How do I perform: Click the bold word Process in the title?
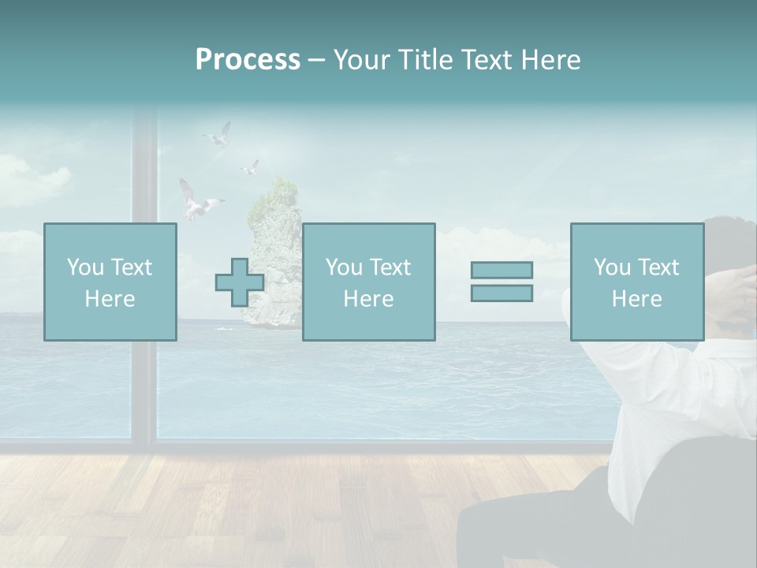[x=248, y=60]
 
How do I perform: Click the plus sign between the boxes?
[x=240, y=282]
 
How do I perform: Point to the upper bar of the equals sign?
[x=502, y=271]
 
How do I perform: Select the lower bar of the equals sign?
[x=502, y=293]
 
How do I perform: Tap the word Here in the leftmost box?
[x=110, y=299]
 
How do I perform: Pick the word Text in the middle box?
[x=390, y=267]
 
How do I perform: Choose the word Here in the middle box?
[x=368, y=299]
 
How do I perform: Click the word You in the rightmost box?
[x=612, y=267]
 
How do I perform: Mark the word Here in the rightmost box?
[x=636, y=299]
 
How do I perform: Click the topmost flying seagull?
[x=218, y=136]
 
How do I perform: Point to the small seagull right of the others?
[x=251, y=167]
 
